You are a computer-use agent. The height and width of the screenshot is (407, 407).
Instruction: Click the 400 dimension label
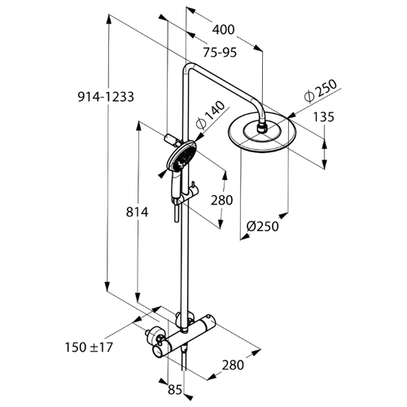[x=223, y=30]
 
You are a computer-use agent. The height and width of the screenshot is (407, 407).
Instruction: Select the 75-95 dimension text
[x=220, y=52]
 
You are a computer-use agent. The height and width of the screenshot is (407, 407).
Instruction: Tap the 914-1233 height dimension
[x=106, y=97]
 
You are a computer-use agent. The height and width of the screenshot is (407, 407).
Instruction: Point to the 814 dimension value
[x=138, y=212]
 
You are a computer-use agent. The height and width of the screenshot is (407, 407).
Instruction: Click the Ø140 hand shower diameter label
[x=210, y=115]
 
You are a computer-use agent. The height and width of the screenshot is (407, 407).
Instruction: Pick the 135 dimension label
[x=323, y=117]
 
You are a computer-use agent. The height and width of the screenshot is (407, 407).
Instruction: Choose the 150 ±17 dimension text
[x=89, y=347]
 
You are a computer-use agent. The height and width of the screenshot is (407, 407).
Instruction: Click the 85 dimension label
[x=175, y=390]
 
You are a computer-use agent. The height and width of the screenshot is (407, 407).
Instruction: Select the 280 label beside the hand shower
[x=222, y=200]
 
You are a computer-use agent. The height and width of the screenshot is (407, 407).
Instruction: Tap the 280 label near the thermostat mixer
[x=233, y=365]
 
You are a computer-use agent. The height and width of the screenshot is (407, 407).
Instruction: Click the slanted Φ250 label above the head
[x=320, y=91]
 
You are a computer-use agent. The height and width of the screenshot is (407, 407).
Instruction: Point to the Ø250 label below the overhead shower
[x=263, y=226]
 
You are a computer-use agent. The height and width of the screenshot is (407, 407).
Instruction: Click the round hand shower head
[x=181, y=156]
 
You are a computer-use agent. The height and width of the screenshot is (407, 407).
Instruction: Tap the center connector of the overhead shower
[x=262, y=129]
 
